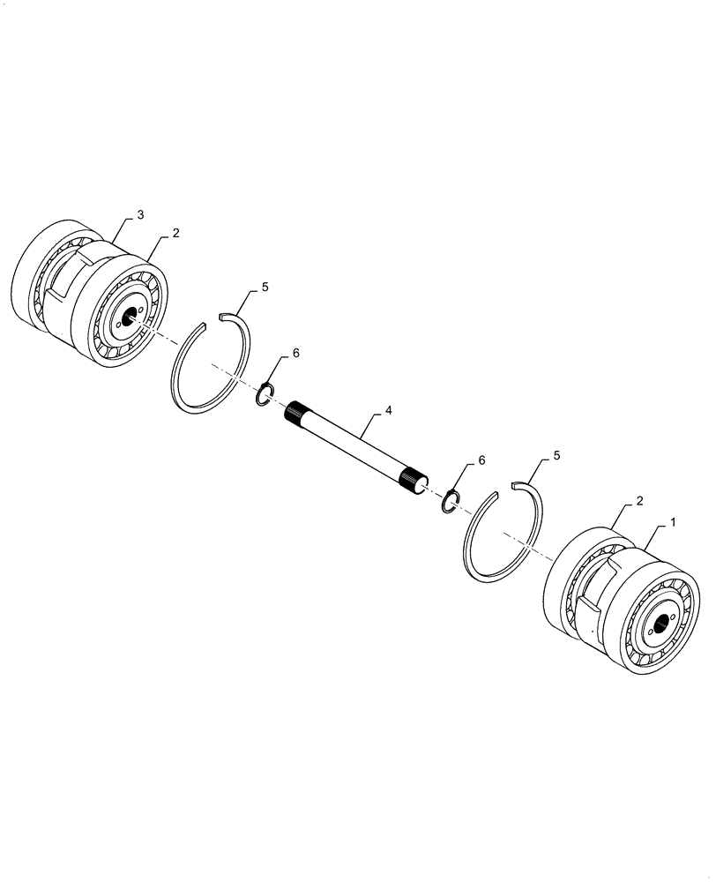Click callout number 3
[x=141, y=214]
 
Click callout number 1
[x=674, y=522]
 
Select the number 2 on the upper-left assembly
[x=176, y=233]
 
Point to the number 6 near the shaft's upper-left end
[x=295, y=353]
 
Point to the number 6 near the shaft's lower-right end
[x=481, y=460]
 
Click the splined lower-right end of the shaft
[x=412, y=480]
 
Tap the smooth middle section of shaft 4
[x=353, y=445]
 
